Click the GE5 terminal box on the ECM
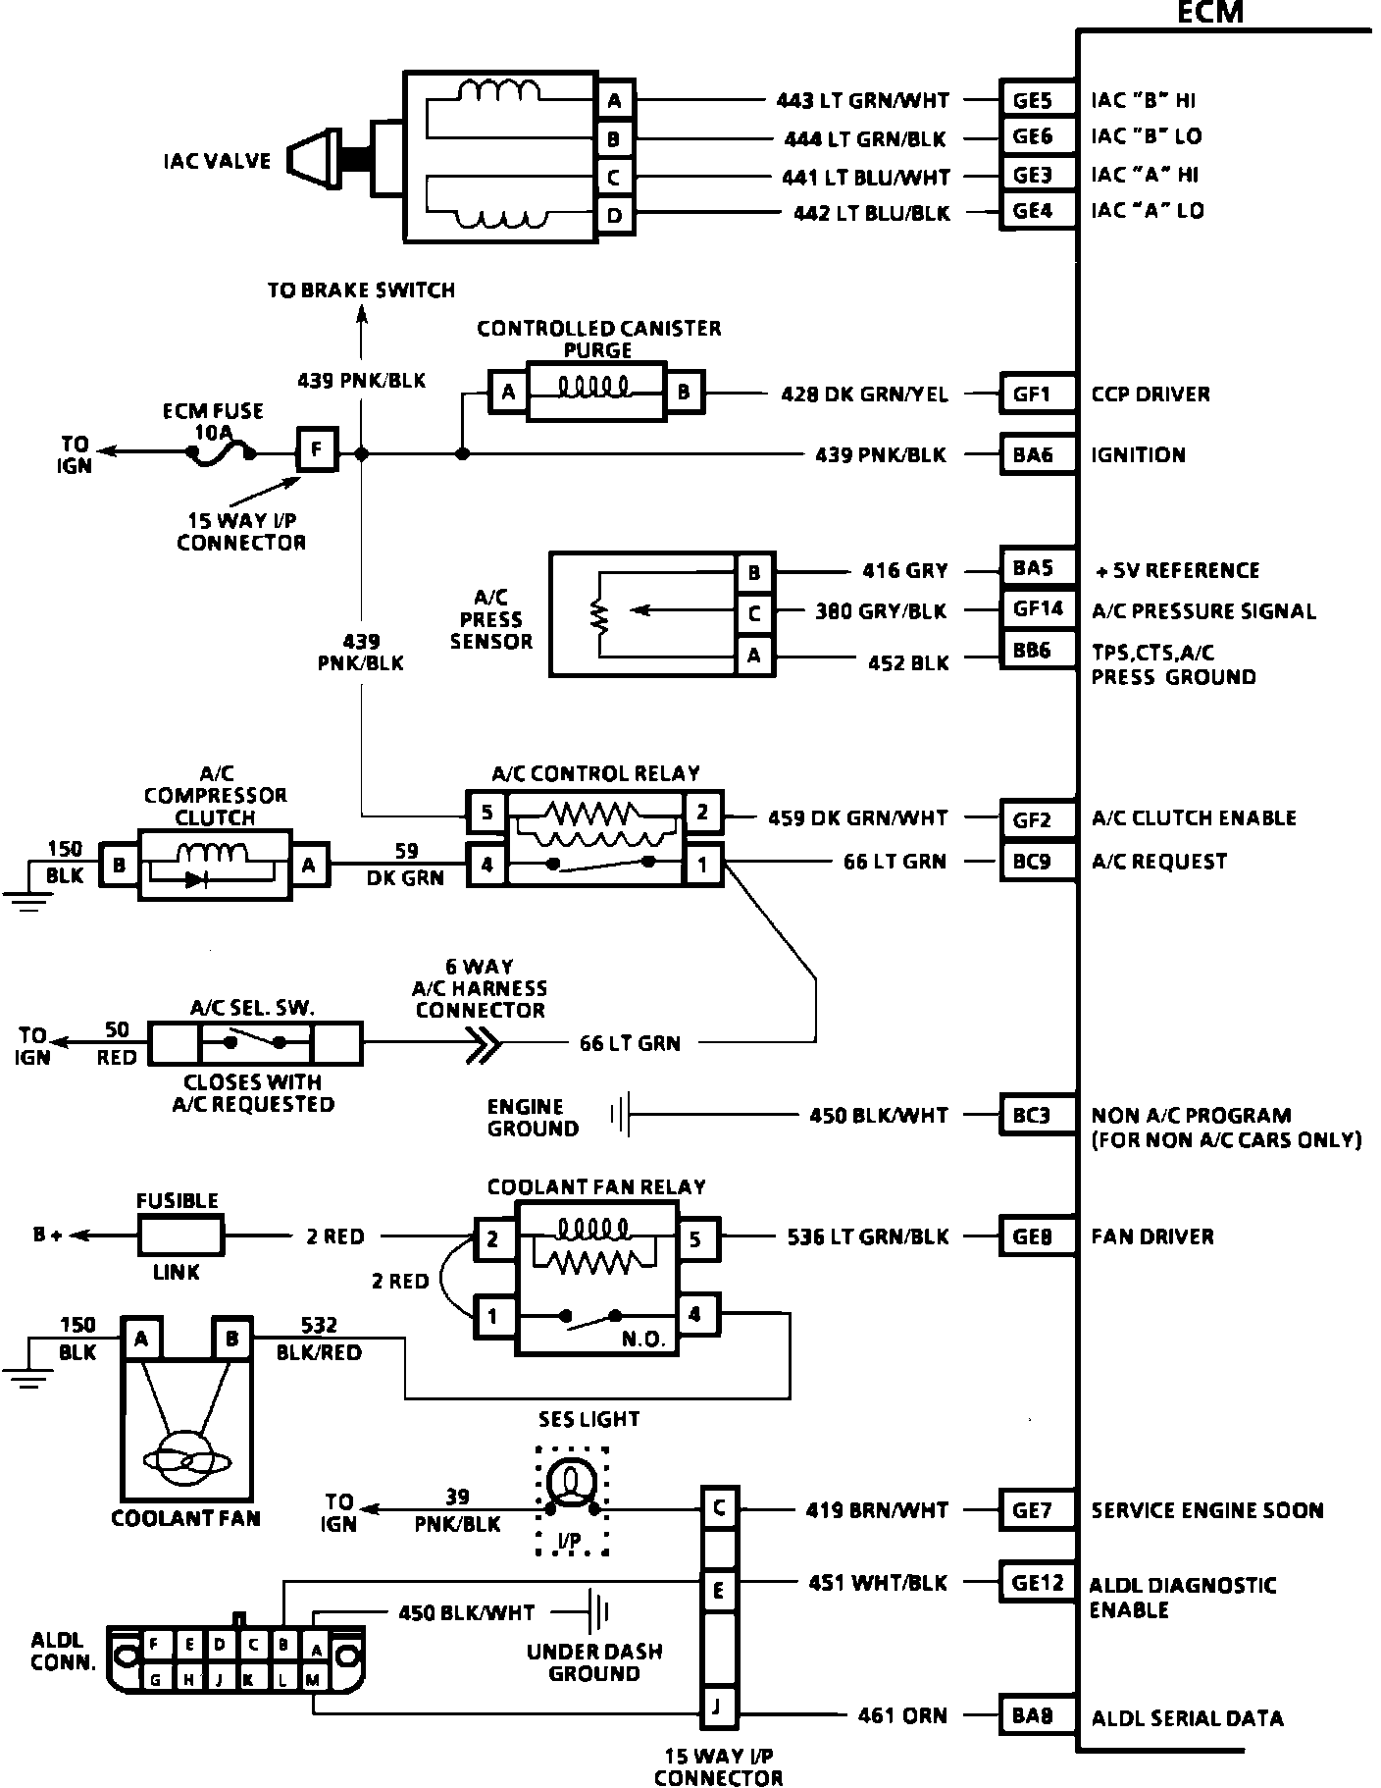coord(1032,99)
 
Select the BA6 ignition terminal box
coord(1032,454)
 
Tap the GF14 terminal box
coord(1038,609)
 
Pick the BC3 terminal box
coord(1032,1115)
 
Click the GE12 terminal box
coord(1038,1582)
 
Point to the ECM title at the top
coord(1210,13)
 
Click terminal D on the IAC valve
coord(615,215)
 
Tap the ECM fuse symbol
coord(223,453)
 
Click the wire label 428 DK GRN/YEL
coord(864,394)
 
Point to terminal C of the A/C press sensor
coord(753,613)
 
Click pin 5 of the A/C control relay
coord(486,813)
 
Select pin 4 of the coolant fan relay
coord(695,1314)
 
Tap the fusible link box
coord(180,1236)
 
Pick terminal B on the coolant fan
coord(232,1339)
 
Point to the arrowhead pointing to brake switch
coord(362,314)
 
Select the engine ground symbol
coord(620,1115)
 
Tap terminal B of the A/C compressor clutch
coord(120,866)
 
